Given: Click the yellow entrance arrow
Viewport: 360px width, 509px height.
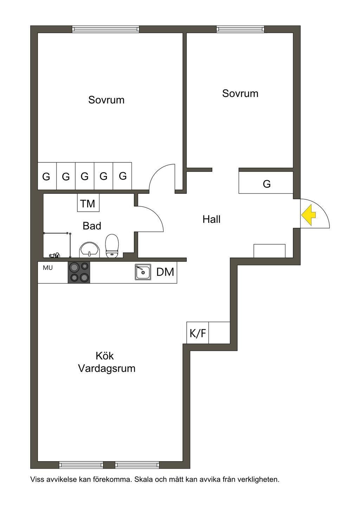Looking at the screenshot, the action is (x=308, y=215).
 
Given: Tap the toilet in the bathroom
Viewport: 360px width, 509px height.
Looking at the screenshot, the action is (x=112, y=246).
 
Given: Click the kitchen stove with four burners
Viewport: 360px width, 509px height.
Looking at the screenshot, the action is (x=79, y=272).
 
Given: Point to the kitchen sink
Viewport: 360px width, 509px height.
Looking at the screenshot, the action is (x=143, y=272).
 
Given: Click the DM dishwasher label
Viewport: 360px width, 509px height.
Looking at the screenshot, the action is (x=165, y=272).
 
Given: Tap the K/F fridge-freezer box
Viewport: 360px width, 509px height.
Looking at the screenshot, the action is (x=198, y=333).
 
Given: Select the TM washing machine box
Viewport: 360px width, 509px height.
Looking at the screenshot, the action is (x=88, y=203).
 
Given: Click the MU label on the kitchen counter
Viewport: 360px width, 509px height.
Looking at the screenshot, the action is (x=48, y=268).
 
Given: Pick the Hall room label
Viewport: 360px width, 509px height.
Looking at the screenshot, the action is (x=211, y=219).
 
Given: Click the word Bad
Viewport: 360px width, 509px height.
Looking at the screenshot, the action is (x=92, y=226).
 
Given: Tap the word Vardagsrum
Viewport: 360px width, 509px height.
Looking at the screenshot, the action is (x=107, y=368).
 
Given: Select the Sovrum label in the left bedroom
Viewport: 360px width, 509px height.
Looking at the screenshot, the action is (x=107, y=100).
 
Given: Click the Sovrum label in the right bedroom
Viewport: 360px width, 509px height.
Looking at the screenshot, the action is (x=240, y=94).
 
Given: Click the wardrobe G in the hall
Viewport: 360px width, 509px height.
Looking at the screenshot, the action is (x=266, y=182).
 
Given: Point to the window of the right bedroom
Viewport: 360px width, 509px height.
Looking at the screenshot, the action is (x=240, y=29).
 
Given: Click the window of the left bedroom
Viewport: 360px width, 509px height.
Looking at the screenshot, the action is (x=105, y=29).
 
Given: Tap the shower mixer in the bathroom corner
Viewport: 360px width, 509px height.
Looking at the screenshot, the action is (x=54, y=255).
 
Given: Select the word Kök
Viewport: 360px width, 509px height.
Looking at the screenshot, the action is (x=104, y=356).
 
